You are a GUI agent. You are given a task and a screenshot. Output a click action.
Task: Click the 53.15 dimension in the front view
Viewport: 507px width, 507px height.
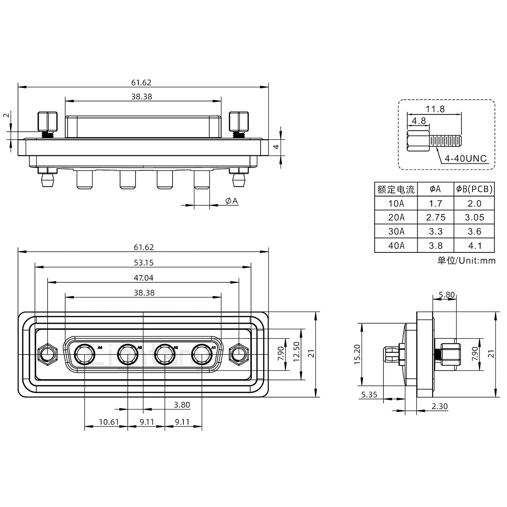(x=144, y=263)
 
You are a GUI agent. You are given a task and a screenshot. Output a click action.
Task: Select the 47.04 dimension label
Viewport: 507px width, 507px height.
(x=144, y=278)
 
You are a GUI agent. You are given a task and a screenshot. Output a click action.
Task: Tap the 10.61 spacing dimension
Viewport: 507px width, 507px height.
(x=109, y=421)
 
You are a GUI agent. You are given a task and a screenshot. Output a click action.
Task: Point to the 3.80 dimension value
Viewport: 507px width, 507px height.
(x=182, y=405)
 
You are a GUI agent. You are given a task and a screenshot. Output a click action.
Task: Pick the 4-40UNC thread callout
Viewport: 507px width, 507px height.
(x=465, y=159)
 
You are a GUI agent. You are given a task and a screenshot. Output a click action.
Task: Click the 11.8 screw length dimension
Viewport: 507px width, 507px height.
(x=435, y=109)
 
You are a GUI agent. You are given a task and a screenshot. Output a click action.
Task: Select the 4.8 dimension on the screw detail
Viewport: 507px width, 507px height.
(x=419, y=121)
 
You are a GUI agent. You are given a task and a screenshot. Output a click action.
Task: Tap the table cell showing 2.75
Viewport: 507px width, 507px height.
(x=436, y=218)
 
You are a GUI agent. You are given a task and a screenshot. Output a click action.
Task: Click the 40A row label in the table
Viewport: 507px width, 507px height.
(x=396, y=246)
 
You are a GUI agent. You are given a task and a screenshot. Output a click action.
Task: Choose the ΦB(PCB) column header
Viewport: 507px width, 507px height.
(x=474, y=189)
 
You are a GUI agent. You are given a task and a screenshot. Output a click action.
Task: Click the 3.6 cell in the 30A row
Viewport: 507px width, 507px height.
(x=474, y=232)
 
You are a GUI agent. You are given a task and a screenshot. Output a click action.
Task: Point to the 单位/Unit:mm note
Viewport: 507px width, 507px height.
(x=467, y=261)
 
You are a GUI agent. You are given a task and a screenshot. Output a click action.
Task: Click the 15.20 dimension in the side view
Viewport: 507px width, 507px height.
(x=357, y=354)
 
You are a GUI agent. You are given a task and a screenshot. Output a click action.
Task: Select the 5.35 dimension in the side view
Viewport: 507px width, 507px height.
(x=369, y=395)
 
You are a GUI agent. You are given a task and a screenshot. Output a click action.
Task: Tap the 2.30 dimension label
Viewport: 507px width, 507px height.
(x=439, y=406)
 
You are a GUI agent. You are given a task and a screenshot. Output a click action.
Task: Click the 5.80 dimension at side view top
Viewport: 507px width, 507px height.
(x=446, y=295)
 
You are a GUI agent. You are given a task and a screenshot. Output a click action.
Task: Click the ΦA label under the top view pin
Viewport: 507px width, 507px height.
(x=231, y=201)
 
